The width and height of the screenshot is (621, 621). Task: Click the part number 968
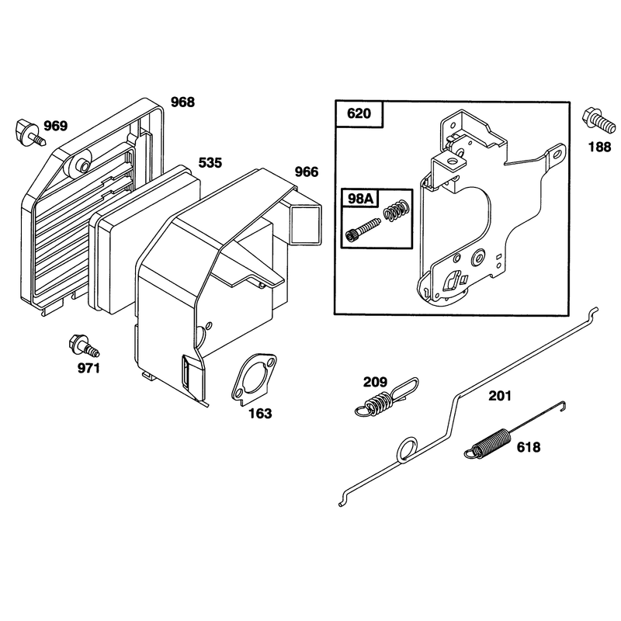182,102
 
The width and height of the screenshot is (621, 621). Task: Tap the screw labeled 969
30,132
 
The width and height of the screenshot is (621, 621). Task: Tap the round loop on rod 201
407,449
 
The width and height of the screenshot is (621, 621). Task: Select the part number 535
210,162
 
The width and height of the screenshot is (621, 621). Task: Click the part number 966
307,172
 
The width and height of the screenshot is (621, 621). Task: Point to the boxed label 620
359,113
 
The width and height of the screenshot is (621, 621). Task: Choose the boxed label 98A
360,198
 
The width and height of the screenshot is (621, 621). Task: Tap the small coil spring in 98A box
396,210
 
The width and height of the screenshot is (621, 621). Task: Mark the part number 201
500,395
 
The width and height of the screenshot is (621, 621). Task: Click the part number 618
529,447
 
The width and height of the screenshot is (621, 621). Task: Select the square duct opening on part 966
305,224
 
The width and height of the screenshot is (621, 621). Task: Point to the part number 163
260,414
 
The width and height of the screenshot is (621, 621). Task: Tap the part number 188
599,147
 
